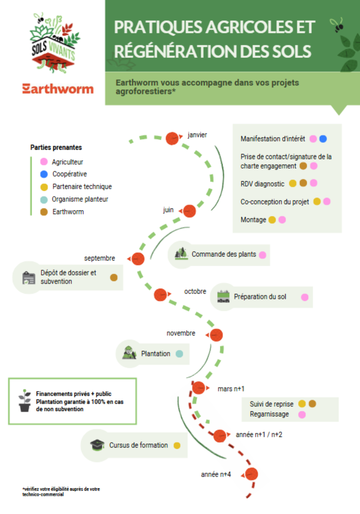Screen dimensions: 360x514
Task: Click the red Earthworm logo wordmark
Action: click(x=58, y=89)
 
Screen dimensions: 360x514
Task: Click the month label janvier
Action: click(x=197, y=135)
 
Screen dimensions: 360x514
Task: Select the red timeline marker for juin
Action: click(x=189, y=211)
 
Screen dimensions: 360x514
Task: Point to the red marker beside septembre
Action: click(x=138, y=259)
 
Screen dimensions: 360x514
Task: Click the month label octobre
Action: click(x=195, y=291)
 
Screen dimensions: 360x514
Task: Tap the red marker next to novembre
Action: click(x=216, y=335)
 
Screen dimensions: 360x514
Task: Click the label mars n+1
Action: click(x=231, y=389)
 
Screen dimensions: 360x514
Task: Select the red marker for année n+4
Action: click(x=251, y=474)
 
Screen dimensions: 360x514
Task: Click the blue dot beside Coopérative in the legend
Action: click(x=44, y=174)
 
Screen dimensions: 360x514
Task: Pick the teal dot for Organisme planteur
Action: click(x=44, y=200)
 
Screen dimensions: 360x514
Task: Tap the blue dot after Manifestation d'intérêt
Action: click(x=323, y=139)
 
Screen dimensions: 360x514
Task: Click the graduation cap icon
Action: click(x=97, y=445)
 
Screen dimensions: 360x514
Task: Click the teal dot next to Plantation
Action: click(x=179, y=354)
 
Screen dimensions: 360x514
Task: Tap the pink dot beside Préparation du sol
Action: click(x=305, y=297)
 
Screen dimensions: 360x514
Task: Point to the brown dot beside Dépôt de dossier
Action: click(x=114, y=278)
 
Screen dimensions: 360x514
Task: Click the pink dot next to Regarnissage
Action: click(x=302, y=414)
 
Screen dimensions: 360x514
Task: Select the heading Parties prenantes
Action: click(x=56, y=147)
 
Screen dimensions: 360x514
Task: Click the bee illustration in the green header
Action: click(x=337, y=25)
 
